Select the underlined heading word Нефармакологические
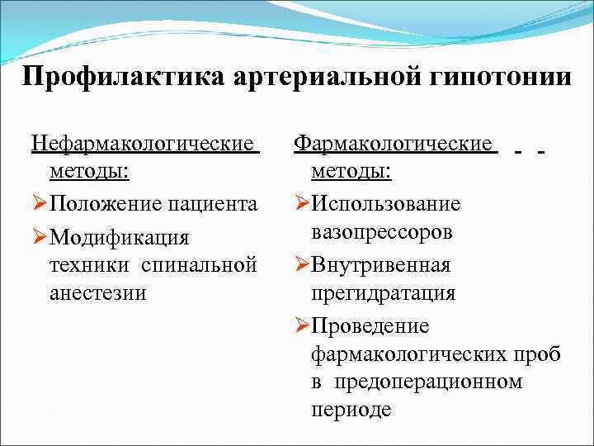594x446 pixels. tap(144, 145)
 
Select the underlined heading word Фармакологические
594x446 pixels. tap(395, 145)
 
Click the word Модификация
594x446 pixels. tap(120, 238)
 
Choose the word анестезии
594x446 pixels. tap(97, 293)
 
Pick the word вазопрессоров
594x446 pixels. tap(382, 232)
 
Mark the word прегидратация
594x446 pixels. tap(384, 293)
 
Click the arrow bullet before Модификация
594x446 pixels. tap(40, 238)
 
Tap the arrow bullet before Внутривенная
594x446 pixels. tap(301, 266)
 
